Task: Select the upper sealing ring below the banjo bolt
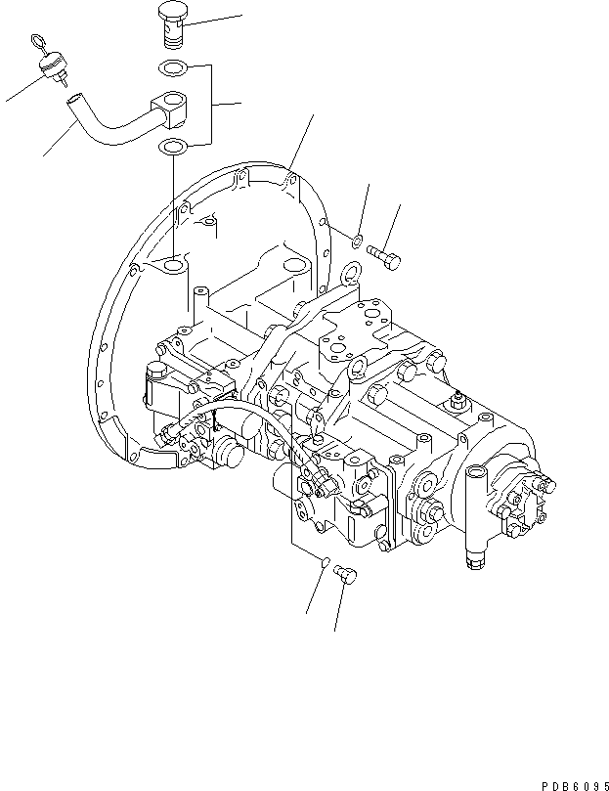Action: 172,69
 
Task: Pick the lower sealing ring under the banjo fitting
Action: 173,148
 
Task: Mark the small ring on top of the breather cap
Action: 38,43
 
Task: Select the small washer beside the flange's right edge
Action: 358,239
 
